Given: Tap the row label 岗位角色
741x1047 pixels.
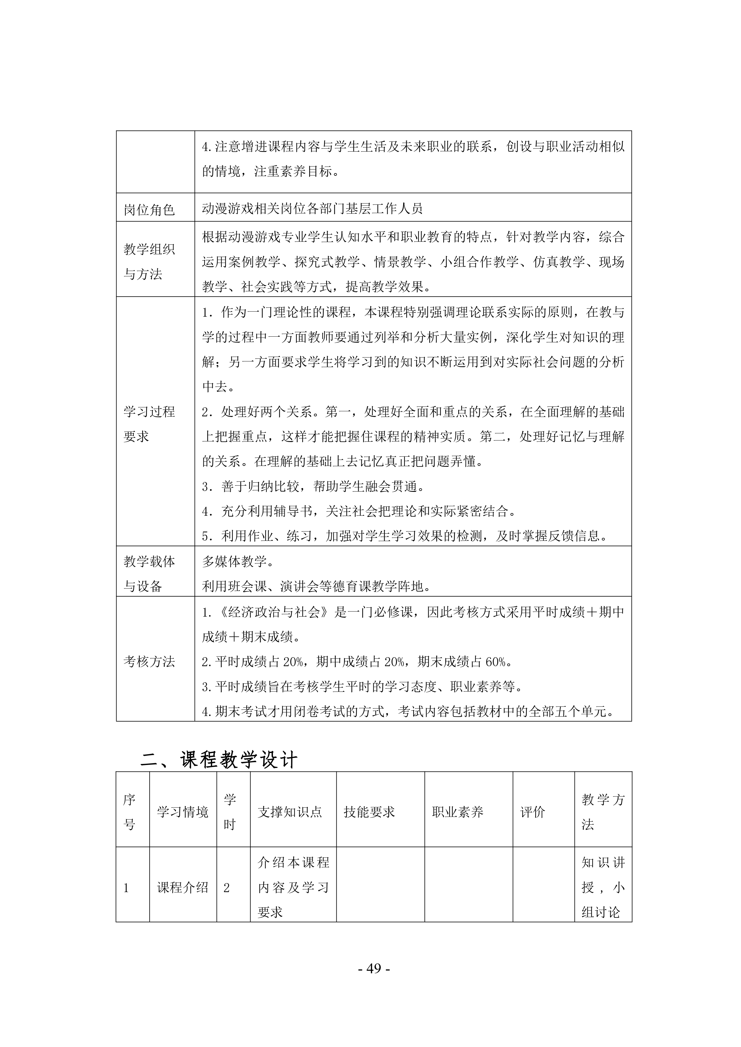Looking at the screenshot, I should pyautogui.click(x=149, y=209).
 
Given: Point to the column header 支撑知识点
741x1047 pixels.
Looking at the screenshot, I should pyautogui.click(x=290, y=812).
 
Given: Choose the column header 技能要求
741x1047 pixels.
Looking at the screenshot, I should pyautogui.click(x=369, y=812).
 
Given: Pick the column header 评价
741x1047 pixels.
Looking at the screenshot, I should pyautogui.click(x=533, y=812).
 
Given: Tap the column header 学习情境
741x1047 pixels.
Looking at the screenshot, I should pyautogui.click(x=182, y=812).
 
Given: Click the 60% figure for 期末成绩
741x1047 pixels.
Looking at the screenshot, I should pyautogui.click(x=495, y=662).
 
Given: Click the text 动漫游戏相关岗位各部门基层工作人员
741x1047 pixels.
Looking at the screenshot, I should pyautogui.click(x=312, y=208).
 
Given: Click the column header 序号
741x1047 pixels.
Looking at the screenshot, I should pyautogui.click(x=130, y=812).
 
